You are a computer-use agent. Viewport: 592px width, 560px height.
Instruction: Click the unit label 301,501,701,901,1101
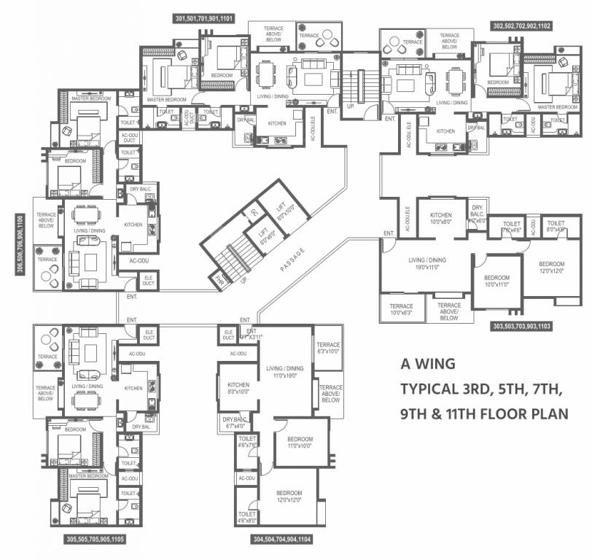[204, 17]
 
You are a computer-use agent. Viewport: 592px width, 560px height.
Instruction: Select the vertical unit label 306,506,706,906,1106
[17, 246]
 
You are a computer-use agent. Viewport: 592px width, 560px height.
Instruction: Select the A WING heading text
[428, 362]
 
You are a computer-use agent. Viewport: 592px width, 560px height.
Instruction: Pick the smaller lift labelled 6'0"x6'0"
[262, 235]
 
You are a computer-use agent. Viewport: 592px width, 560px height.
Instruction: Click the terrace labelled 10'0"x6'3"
[401, 309]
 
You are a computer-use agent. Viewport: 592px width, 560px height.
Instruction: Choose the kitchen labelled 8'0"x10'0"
[238, 388]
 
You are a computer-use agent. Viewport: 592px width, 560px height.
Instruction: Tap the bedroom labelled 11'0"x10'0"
[300, 442]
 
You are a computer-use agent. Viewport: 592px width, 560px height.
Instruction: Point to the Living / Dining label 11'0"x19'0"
[284, 372]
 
